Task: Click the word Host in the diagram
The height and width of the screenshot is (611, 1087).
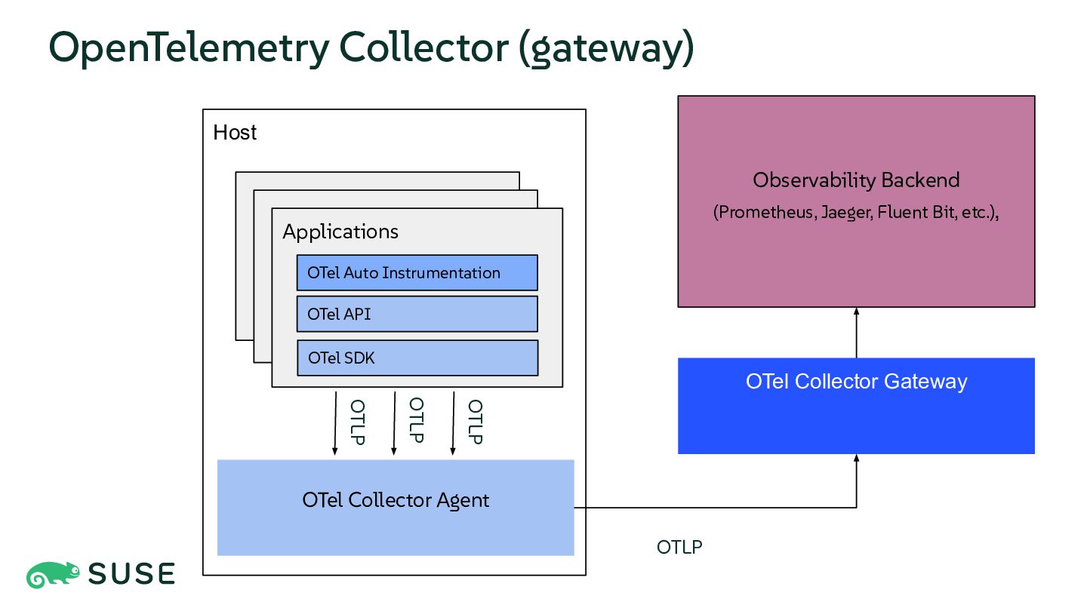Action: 234,133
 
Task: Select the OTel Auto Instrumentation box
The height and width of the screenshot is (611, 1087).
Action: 417,272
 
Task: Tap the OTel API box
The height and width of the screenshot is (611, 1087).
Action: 417,315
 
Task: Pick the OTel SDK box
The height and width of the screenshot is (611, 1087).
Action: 417,358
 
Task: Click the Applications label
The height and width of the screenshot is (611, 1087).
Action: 340,232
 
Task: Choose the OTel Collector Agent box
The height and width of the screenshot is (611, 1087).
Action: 396,508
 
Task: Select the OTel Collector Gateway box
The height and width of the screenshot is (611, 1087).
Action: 857,406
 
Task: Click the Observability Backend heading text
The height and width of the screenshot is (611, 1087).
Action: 857,180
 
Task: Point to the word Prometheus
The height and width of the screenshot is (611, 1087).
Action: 766,213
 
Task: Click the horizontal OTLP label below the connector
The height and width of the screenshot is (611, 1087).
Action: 679,547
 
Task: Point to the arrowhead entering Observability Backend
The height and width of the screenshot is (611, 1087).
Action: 857,312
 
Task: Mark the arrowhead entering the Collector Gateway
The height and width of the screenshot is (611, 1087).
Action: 857,459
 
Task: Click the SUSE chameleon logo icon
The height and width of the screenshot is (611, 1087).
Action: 53,575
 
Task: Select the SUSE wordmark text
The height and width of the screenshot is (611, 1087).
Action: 131,573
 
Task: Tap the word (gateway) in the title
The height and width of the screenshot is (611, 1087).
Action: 607,48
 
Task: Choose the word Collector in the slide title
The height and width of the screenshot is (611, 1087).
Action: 423,47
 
